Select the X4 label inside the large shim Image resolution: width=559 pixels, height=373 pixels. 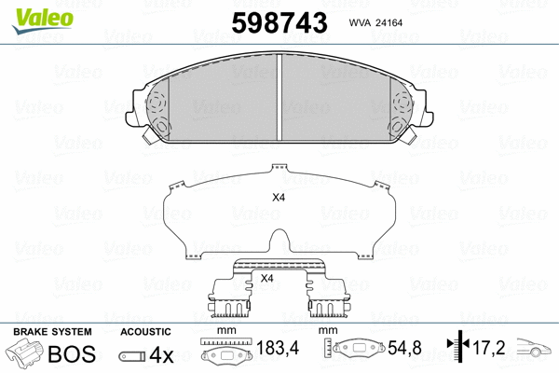coord(278,198)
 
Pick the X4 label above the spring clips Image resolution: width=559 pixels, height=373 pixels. coord(266,278)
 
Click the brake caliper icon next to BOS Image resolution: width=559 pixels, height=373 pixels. coord(25,355)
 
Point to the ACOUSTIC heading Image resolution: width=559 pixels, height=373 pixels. coord(145,332)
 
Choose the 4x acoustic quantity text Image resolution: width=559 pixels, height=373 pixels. coord(162,355)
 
